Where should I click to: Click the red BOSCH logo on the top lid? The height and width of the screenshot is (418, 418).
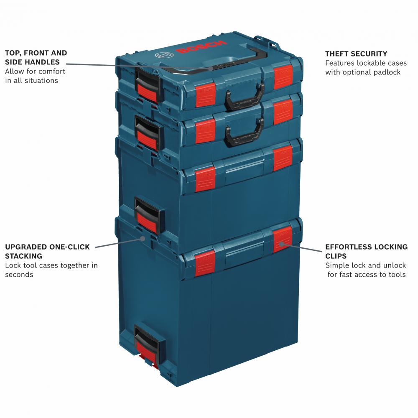click(x=201, y=47)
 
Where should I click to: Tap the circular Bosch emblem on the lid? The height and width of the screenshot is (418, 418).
click(x=164, y=55)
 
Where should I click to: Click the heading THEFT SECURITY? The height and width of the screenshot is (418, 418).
click(x=356, y=54)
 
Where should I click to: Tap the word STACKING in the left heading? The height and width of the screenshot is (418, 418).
click(x=24, y=256)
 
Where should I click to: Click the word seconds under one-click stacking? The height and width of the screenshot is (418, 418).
click(x=19, y=275)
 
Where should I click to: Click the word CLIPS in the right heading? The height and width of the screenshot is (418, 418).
click(x=336, y=256)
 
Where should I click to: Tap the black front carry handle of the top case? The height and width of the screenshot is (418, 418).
click(x=245, y=97)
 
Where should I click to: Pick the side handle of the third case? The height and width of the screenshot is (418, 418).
click(x=149, y=215)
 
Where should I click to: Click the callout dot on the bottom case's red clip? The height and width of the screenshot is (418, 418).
click(x=281, y=243)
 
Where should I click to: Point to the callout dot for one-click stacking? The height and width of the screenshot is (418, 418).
click(x=143, y=238)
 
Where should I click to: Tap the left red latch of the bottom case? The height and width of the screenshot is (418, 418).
click(x=205, y=263)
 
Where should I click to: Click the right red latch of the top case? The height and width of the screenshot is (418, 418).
click(x=283, y=77)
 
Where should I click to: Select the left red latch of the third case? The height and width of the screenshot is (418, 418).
click(x=205, y=179)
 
